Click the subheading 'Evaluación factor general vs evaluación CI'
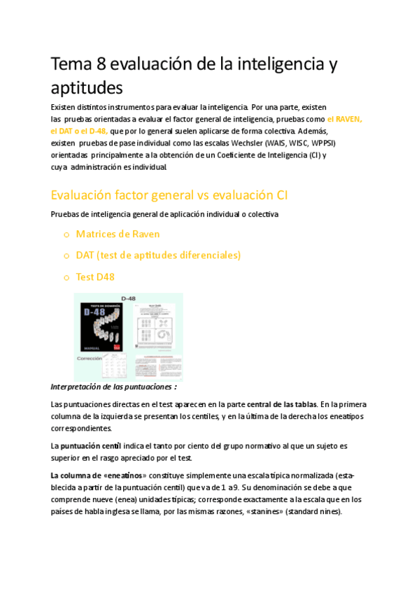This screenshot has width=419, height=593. [169, 194]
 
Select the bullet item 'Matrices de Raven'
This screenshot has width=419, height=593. [118, 234]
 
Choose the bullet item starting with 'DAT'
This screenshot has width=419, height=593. [158, 255]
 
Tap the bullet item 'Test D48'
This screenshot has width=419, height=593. [95, 277]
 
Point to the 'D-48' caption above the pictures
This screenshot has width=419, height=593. [128, 299]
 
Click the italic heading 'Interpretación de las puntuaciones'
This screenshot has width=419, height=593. [114, 387]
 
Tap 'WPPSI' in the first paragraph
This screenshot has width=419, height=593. [323, 143]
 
